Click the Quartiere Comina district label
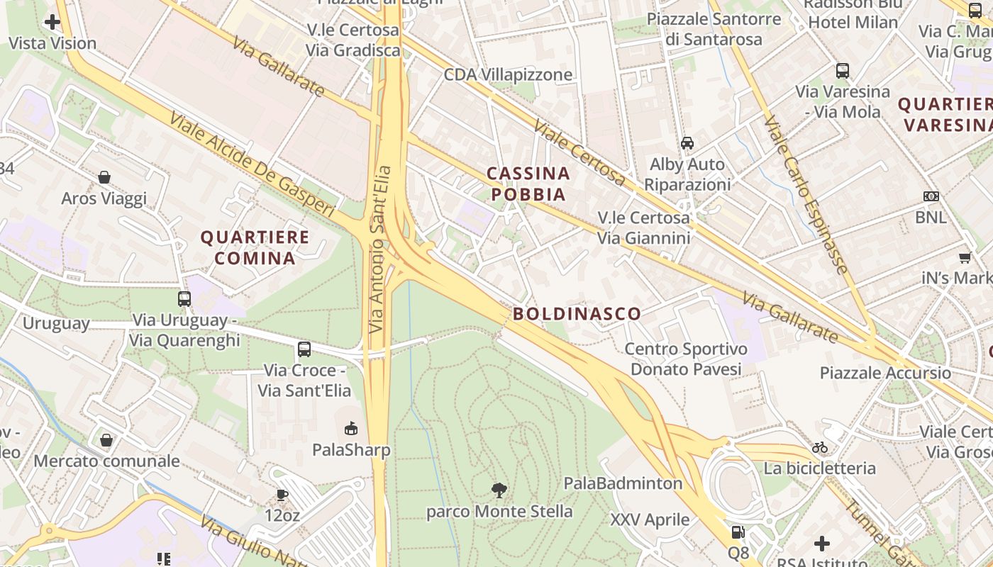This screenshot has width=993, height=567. coord(255,247)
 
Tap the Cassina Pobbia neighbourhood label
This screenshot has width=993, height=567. coord(528,184)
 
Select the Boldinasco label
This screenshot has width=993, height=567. coord(577,313)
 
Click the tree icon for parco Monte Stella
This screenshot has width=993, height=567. coord(499,490)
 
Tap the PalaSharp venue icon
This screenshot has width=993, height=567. coord(351,428)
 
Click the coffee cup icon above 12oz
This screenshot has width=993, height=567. coord(282,495)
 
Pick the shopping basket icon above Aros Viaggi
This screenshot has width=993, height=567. coord(104,176)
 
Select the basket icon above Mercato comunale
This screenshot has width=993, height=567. coord(106,440)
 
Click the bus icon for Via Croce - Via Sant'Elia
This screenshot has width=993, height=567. coord(304,349)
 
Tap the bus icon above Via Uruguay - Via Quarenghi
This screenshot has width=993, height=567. coord(184,299)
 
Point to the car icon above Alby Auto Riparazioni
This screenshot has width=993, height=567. coord(687,143)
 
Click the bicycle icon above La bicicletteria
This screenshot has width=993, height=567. coord(820,447)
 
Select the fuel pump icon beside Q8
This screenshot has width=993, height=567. coord(738,532)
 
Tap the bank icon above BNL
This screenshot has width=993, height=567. coord(931,196)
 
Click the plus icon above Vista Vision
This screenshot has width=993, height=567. coord(52,22)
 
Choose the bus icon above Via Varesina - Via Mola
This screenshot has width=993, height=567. coord(843,70)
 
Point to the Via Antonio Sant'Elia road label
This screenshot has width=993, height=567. coord(380,249)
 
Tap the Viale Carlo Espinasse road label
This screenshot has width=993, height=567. coord(806,195)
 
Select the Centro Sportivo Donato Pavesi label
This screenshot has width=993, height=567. coord(686,359)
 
